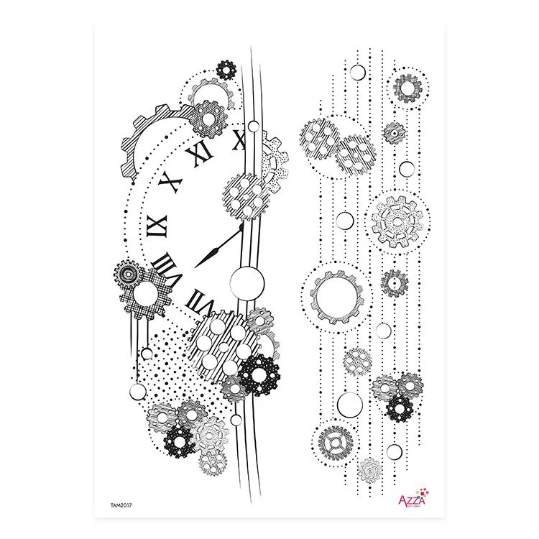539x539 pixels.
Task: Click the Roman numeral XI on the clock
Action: point(201,152)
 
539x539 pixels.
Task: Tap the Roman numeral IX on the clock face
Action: point(156,226)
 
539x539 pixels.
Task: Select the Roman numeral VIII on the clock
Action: point(168,267)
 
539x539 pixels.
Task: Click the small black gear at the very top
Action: point(226,70)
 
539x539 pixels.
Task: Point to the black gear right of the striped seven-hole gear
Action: point(259,374)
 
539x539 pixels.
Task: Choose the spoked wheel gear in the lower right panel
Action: point(333,441)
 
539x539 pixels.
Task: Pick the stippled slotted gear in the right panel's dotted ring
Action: point(392,220)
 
